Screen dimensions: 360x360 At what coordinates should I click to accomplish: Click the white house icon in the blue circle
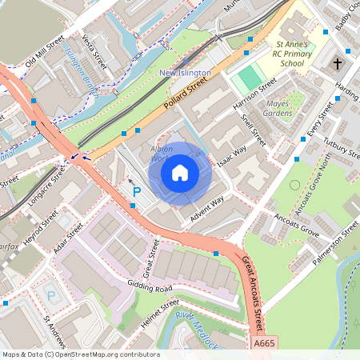pyautogui.click(x=180, y=172)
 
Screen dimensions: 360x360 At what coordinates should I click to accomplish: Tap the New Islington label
pyautogui.click(x=185, y=73)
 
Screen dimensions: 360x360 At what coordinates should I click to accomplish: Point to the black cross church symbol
pyautogui.click(x=337, y=62)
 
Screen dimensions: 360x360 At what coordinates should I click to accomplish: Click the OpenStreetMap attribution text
pyautogui.click(x=80, y=354)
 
